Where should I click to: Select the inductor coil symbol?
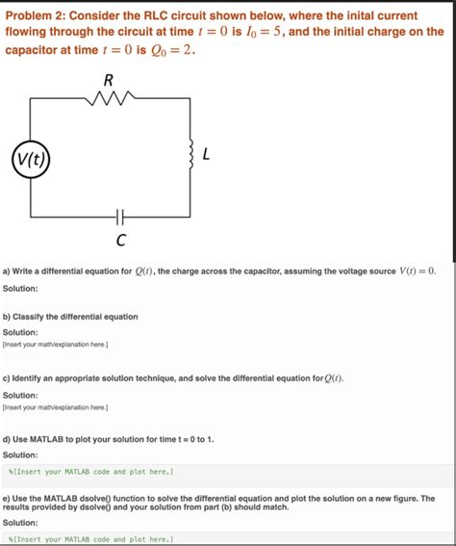click(x=194, y=153)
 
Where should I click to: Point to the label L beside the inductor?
click(x=207, y=154)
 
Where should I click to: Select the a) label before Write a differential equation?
click(x=8, y=272)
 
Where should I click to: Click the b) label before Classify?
click(x=8, y=316)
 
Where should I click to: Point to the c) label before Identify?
click(x=8, y=378)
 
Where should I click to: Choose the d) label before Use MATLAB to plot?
click(x=8, y=438)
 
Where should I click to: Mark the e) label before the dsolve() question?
click(x=8, y=499)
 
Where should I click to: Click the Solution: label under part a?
click(x=20, y=288)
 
